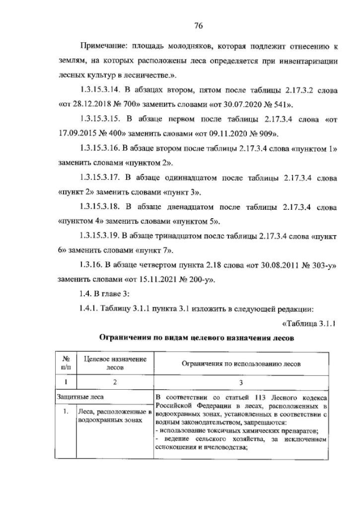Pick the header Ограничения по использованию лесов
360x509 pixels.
coord(241,364)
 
